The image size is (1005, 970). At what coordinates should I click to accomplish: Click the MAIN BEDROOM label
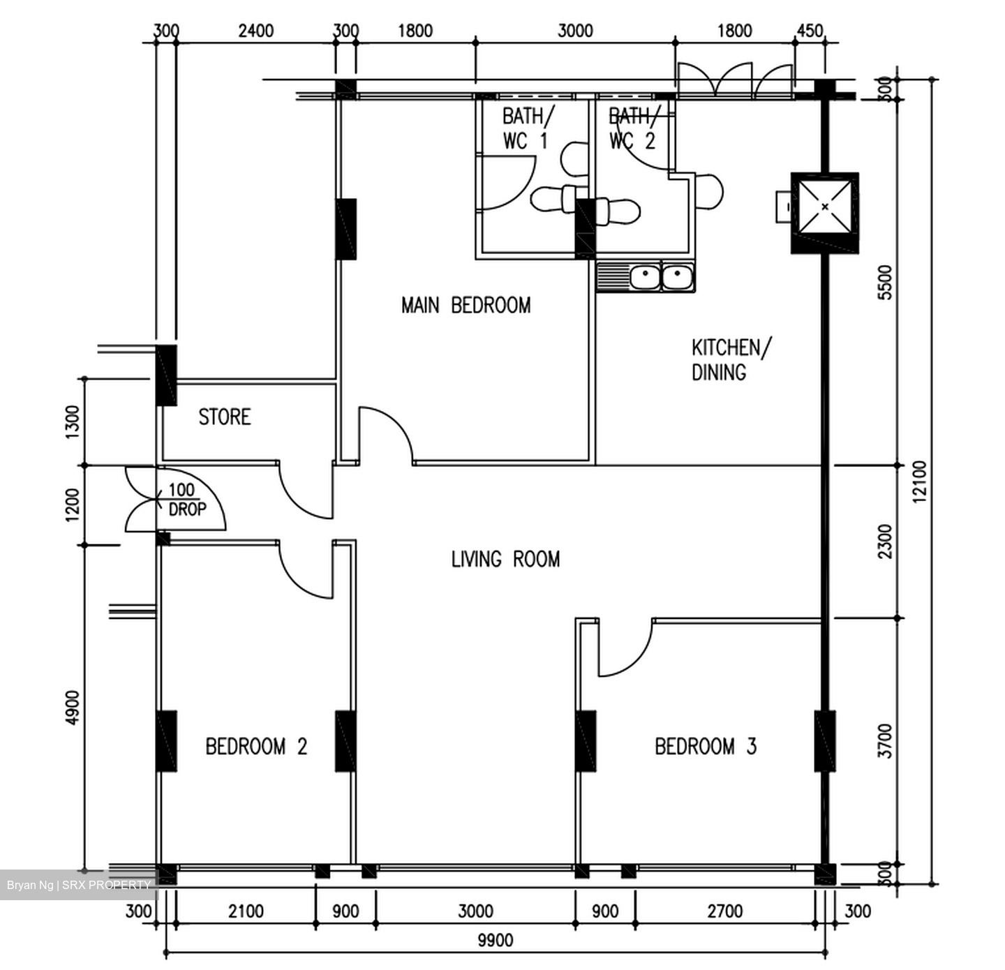[x=466, y=305]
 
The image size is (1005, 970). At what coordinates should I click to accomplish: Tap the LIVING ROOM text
[x=505, y=559]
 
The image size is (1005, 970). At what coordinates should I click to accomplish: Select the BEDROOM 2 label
[x=256, y=747]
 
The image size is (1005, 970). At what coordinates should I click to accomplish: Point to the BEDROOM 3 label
[x=706, y=747]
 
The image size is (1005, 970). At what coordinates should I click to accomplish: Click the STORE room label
[x=224, y=417]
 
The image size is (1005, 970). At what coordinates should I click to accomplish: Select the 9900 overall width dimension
[x=495, y=940]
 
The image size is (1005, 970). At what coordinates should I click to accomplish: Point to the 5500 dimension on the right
[x=885, y=282]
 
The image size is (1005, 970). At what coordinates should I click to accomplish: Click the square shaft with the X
[x=825, y=207]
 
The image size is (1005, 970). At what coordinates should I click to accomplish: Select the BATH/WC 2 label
[x=632, y=128]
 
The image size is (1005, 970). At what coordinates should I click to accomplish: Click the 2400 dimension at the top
[x=256, y=31]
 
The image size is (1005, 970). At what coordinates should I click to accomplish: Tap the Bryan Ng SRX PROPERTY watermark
[x=78, y=885]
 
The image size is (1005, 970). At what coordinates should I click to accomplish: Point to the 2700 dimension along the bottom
[x=725, y=911]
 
